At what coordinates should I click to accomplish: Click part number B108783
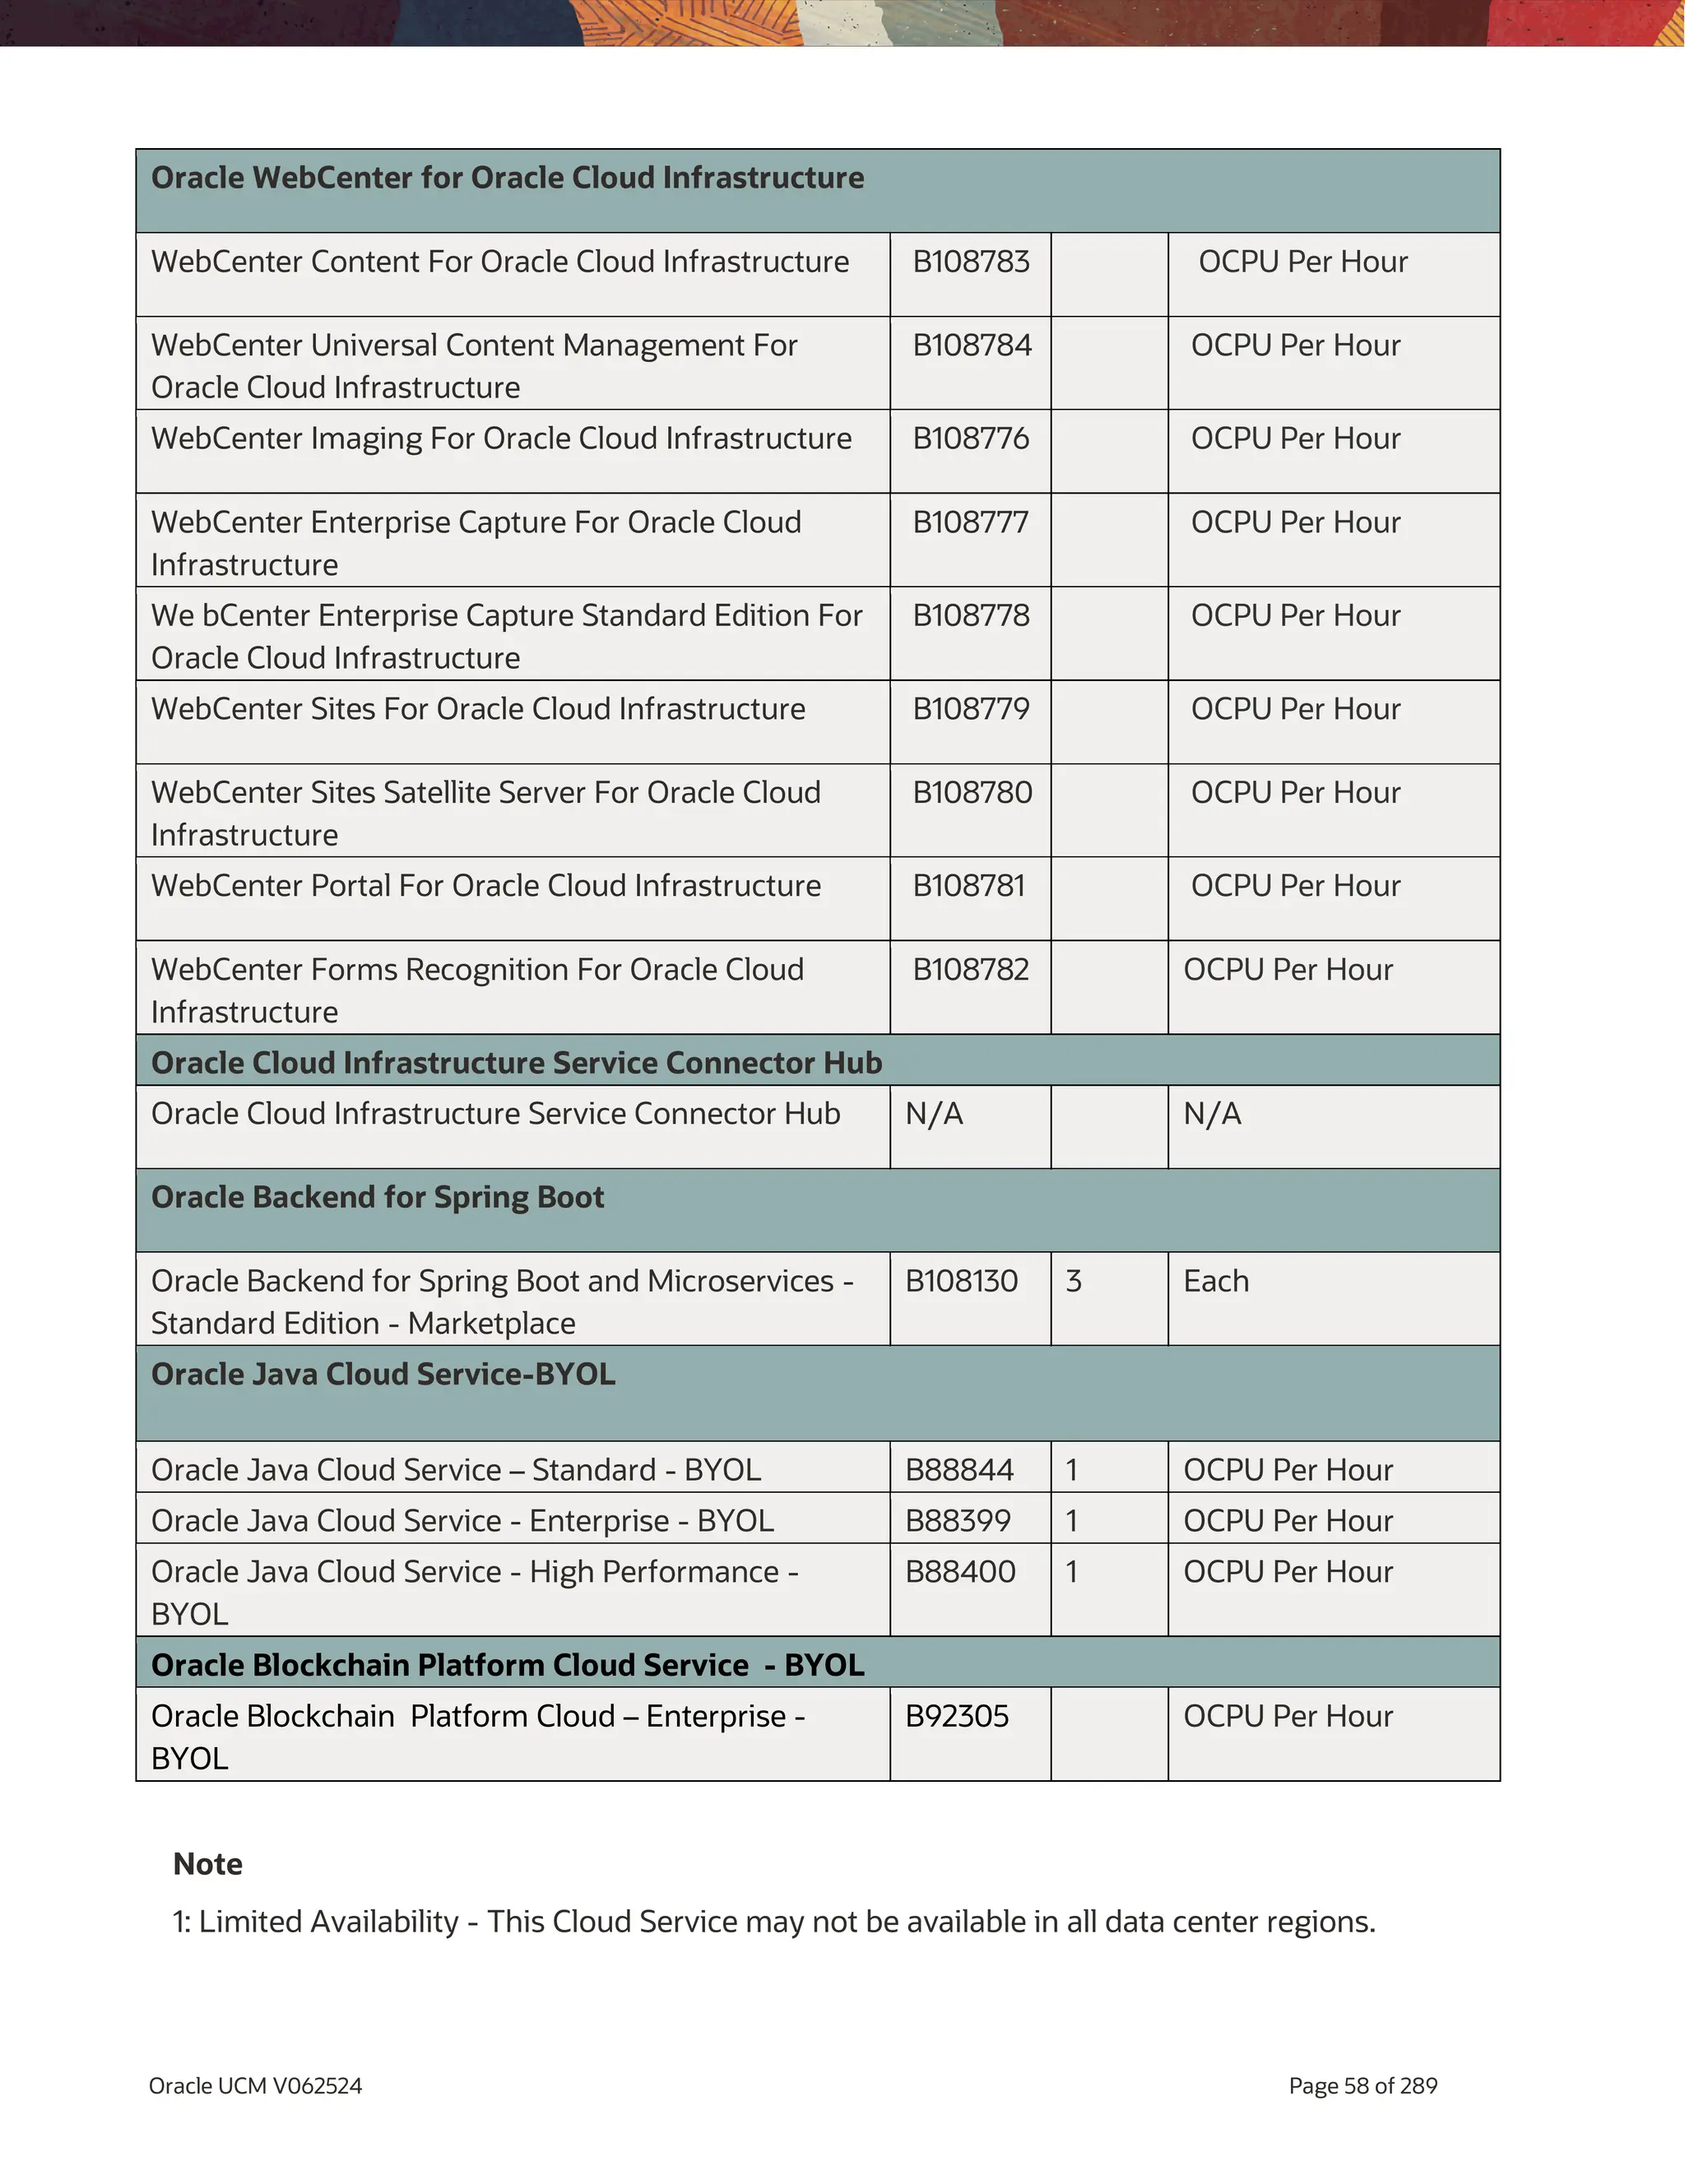(x=970, y=262)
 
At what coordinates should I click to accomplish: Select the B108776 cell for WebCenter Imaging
(x=970, y=439)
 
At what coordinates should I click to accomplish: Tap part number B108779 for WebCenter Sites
(x=970, y=709)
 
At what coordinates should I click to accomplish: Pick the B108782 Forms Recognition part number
(x=970, y=970)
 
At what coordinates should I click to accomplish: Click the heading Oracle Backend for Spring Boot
(x=378, y=1197)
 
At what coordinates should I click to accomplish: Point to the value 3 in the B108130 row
(x=1073, y=1282)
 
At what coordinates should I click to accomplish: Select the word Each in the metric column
(x=1215, y=1282)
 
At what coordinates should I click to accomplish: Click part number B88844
(x=959, y=1471)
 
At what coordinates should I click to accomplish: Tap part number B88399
(x=957, y=1522)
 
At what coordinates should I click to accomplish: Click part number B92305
(x=956, y=1717)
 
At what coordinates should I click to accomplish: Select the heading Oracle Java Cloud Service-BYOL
(x=383, y=1375)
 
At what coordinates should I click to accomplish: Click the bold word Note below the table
(x=207, y=1864)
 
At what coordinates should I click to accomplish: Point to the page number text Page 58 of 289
(x=1362, y=2086)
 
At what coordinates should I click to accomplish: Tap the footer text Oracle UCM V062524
(x=255, y=2086)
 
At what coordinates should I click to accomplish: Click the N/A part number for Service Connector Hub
(x=933, y=1115)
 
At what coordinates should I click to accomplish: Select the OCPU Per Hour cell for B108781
(x=1295, y=886)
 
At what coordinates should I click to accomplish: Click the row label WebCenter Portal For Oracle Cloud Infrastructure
(x=486, y=886)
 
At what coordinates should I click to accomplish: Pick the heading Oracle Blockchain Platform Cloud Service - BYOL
(x=507, y=1665)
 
